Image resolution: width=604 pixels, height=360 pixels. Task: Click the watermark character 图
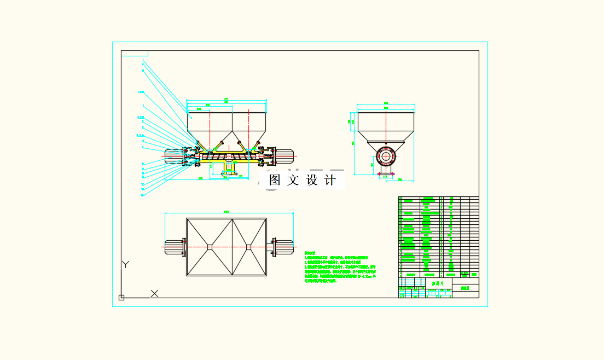coord(275,180)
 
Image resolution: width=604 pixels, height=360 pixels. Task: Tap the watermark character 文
coord(293,180)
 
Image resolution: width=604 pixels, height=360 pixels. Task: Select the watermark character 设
coord(312,180)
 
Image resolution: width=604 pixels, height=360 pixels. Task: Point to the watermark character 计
coord(331,180)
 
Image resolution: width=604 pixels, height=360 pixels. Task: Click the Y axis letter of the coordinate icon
coord(125,265)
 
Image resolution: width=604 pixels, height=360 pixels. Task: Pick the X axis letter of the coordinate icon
coord(154,293)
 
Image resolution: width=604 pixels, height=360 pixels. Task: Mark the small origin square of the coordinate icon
coord(121,298)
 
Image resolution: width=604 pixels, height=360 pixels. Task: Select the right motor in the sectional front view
coord(284,155)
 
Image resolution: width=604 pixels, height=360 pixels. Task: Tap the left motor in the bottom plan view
coord(173,247)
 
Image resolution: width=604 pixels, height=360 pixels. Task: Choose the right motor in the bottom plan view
coord(283,247)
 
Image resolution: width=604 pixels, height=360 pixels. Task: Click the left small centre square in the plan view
coord(210,247)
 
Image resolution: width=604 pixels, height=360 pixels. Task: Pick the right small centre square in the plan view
coord(248,247)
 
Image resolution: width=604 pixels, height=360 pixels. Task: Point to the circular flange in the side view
coord(386,156)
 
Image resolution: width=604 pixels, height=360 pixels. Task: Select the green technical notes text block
coord(339,267)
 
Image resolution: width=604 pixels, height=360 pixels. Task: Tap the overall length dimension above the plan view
coord(226,212)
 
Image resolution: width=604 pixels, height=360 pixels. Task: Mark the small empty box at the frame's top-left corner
coord(135,54)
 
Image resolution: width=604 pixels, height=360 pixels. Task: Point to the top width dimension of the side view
coord(386,103)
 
